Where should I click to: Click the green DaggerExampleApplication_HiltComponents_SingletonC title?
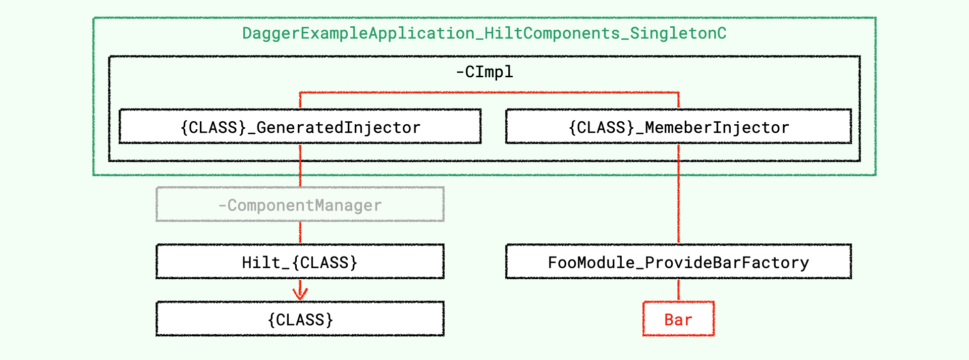pos(484,33)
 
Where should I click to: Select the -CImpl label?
pos(484,72)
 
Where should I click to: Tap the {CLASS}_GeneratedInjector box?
pos(300,126)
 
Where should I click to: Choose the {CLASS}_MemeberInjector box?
pos(679,126)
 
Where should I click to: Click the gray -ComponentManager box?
pos(300,204)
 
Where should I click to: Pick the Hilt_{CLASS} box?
pos(300,262)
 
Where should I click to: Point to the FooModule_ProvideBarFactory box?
pos(679,262)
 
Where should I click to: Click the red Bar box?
pos(679,319)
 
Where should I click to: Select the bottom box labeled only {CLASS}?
pos(300,319)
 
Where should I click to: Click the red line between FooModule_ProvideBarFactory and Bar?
pos(679,290)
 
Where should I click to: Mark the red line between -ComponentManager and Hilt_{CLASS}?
pos(300,233)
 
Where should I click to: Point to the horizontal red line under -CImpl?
pos(490,92)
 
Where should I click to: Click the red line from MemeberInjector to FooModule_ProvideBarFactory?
pos(679,194)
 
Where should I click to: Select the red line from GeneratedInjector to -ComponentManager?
pos(300,166)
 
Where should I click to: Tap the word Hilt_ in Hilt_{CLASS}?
pos(266,263)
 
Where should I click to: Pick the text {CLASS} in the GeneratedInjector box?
pos(213,127)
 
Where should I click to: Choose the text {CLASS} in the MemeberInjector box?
pos(602,127)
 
